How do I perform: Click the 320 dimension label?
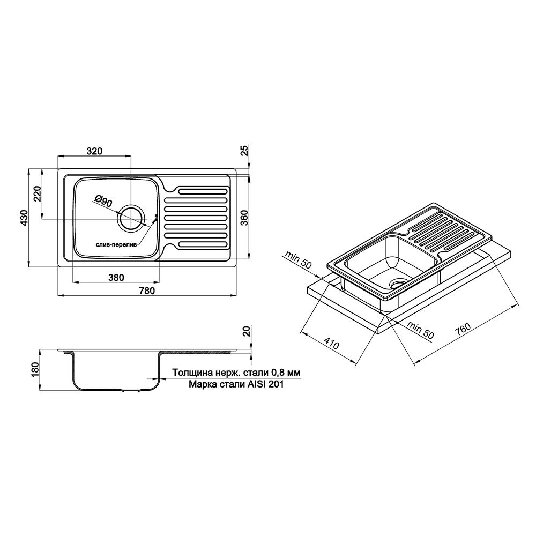(x=95, y=151)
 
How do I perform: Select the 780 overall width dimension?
(x=147, y=291)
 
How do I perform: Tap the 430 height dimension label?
(x=24, y=217)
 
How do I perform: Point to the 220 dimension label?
(x=37, y=193)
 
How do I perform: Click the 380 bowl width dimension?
(x=116, y=278)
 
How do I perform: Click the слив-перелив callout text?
(x=116, y=244)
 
